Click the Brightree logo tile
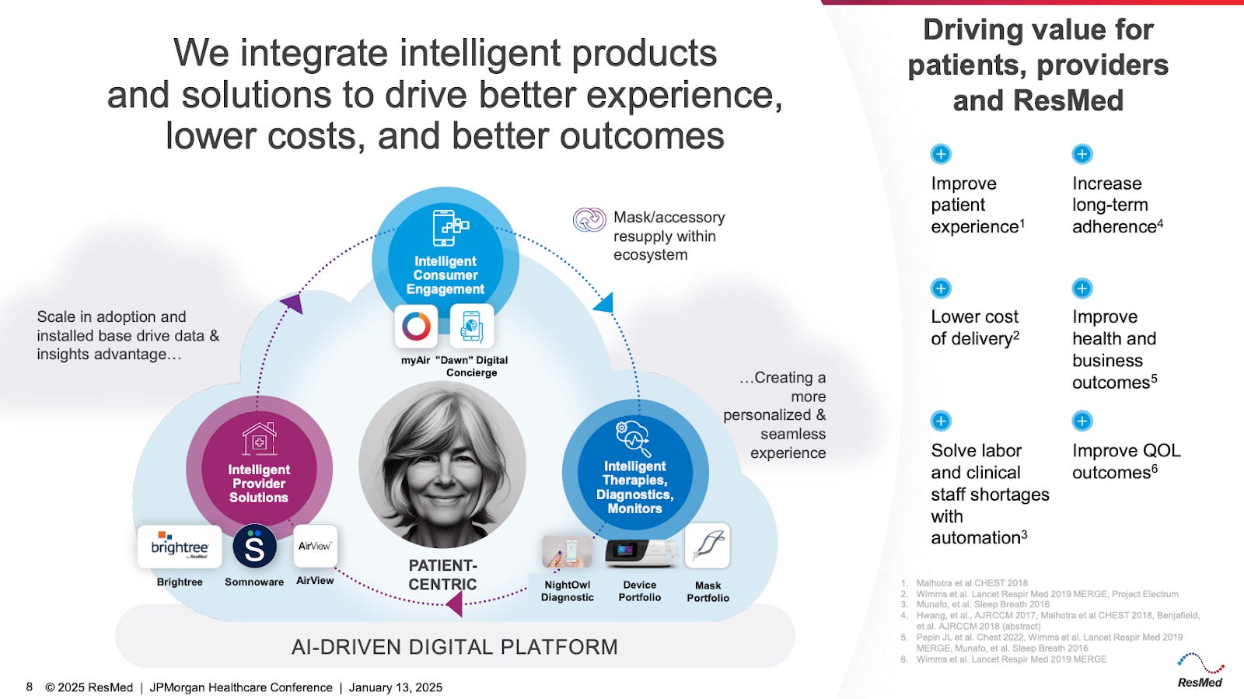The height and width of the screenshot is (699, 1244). point(180,547)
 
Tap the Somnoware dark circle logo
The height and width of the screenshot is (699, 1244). point(254,547)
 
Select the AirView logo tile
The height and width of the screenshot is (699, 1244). point(315,546)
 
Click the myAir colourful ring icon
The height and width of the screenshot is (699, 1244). point(416,326)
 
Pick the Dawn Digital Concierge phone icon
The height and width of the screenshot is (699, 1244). point(471,326)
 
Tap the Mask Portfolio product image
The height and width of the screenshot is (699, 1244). point(708,546)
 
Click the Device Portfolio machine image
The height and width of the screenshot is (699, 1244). point(640,551)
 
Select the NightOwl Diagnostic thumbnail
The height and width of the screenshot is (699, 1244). point(567,551)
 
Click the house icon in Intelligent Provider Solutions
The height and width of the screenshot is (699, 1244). point(259,439)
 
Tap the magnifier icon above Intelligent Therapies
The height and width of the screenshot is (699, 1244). point(634,439)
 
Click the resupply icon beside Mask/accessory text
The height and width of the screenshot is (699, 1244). point(589,220)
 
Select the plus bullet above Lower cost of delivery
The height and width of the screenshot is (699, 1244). point(941,288)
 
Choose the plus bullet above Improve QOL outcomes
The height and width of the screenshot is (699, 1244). point(1082,421)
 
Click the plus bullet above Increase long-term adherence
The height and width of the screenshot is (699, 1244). point(1082,154)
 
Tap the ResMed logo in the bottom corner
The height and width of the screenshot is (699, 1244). point(1200,671)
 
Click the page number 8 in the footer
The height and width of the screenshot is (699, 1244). point(30,687)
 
